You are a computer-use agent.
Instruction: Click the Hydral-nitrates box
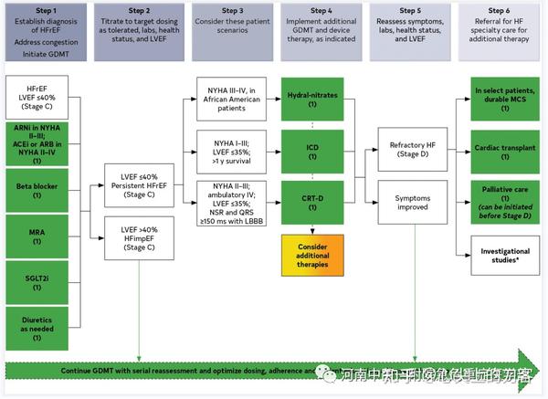point(312,99)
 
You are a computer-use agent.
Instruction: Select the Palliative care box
point(504,199)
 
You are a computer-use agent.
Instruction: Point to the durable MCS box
point(504,99)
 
